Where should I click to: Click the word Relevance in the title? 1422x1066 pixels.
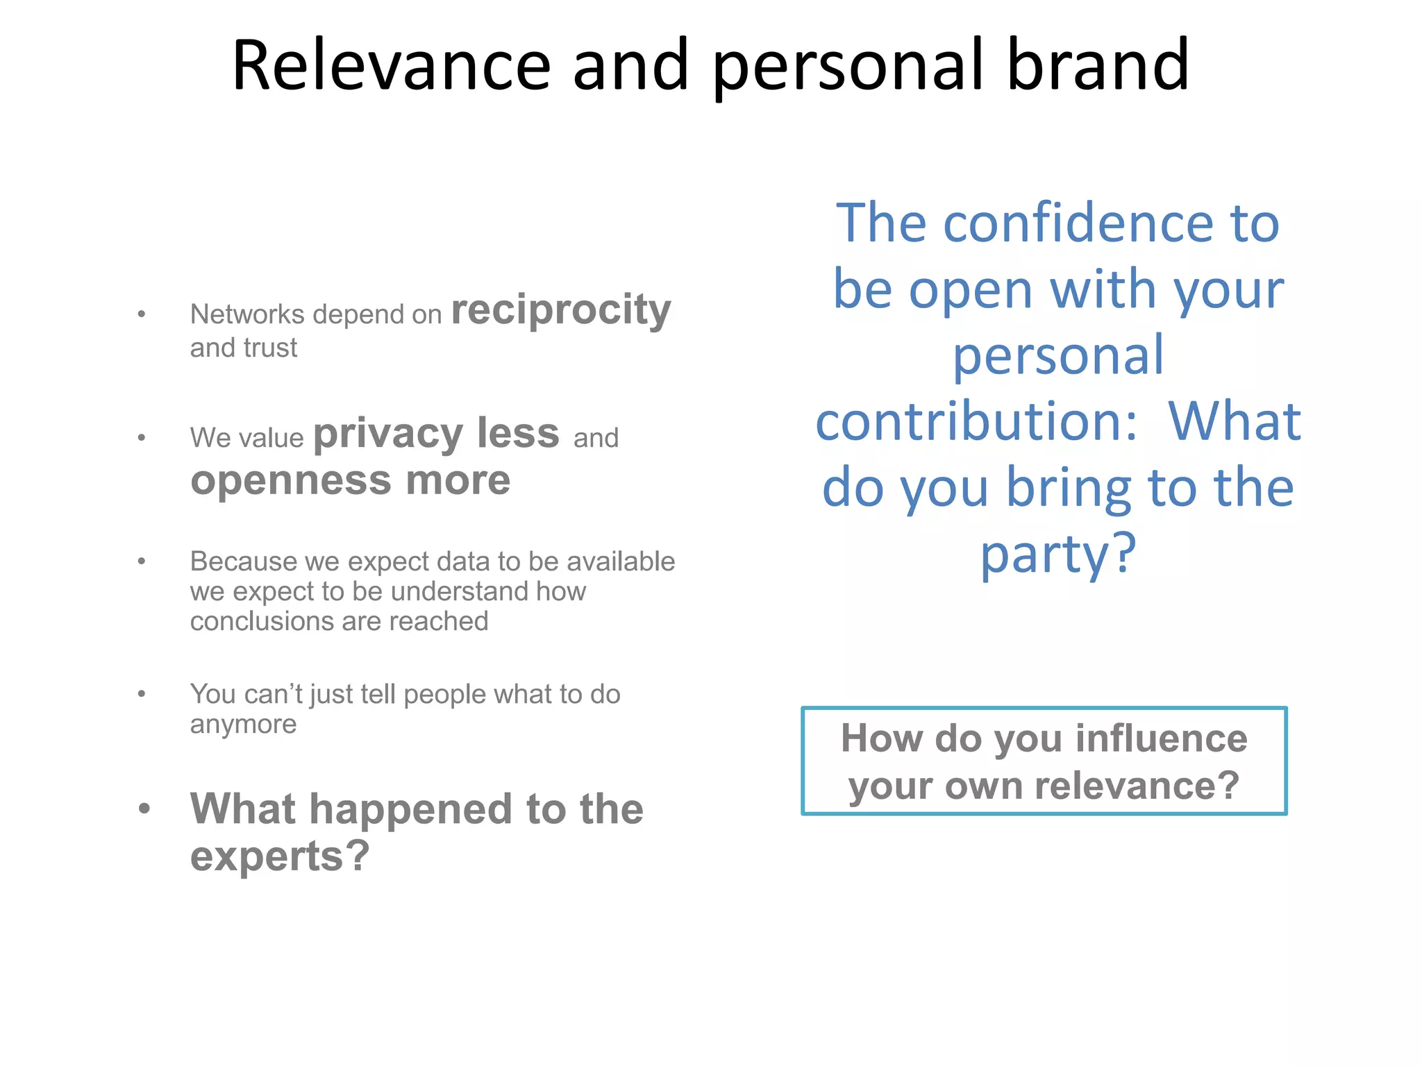coord(391,65)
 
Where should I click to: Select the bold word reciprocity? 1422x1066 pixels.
coord(561,310)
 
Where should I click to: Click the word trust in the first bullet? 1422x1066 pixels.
coord(270,348)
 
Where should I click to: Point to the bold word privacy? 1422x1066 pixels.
coord(387,434)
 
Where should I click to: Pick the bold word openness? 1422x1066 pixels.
coord(291,480)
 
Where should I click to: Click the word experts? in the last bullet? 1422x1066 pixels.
coord(280,856)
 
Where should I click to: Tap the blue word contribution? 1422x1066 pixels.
coord(976,421)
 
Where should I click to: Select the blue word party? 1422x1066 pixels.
coord(1057,555)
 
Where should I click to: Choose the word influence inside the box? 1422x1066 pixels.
coord(1162,738)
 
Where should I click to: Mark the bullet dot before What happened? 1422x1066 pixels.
coord(144,809)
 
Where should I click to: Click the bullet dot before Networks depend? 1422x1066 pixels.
coord(142,314)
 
